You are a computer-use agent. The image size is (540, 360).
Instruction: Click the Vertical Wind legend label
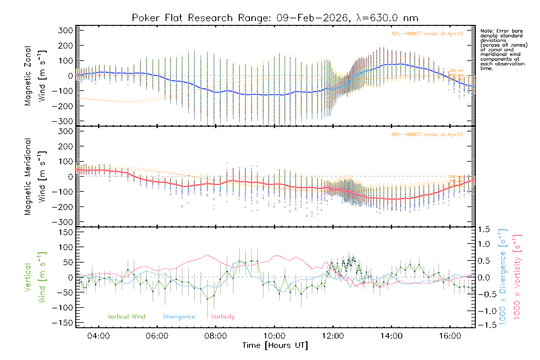[126, 317]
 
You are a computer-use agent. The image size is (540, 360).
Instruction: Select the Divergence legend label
[179, 317]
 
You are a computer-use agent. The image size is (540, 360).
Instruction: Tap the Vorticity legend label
[223, 317]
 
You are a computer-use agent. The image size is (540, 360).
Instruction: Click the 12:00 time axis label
[333, 336]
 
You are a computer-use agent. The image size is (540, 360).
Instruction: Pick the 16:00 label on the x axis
[450, 336]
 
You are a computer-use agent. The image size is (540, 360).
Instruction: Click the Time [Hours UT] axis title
[275, 346]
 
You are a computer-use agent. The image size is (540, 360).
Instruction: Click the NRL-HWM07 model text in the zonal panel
[427, 34]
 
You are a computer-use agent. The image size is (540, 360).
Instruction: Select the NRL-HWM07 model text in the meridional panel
[427, 135]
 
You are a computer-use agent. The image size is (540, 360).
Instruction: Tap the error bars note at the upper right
[503, 49]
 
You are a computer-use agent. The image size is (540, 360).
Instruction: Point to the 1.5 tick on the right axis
[484, 229]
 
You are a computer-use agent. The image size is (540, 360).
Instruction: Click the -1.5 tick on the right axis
[484, 325]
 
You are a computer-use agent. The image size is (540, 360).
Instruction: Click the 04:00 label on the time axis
[98, 336]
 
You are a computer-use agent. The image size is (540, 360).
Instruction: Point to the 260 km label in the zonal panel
[456, 71]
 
